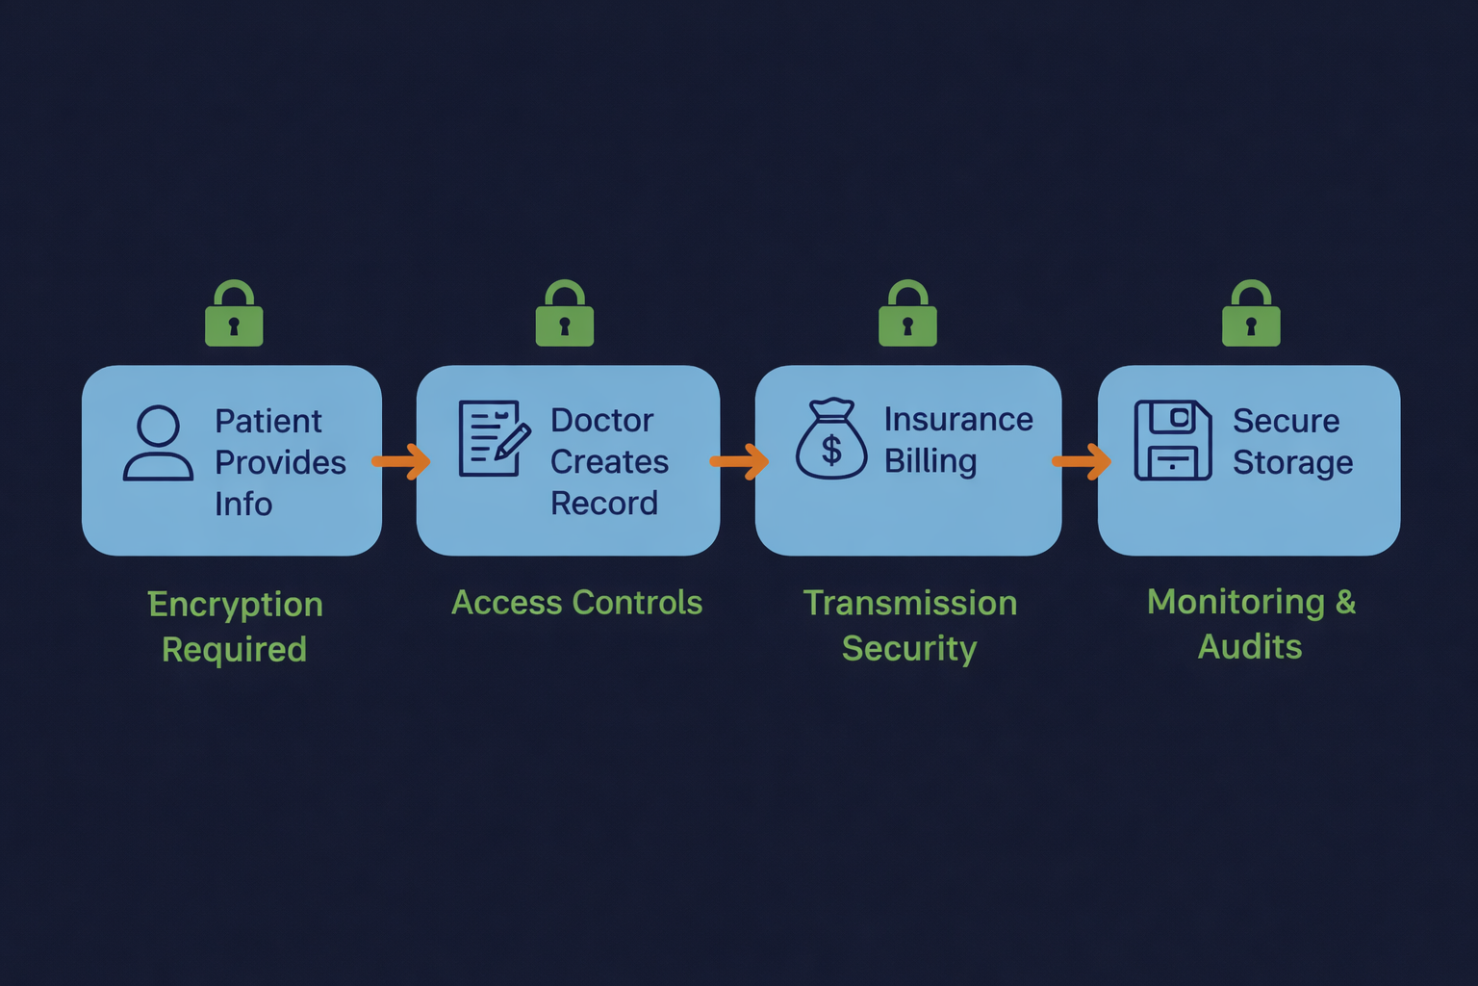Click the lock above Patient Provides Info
pyautogui.click(x=234, y=315)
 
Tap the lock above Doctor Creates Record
pyautogui.click(x=565, y=315)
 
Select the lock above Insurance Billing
pyautogui.click(x=907, y=315)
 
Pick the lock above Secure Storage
pyautogui.click(x=1251, y=315)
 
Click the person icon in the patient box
pyautogui.click(x=159, y=443)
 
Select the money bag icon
pyautogui.click(x=831, y=440)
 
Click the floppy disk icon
pyautogui.click(x=1173, y=440)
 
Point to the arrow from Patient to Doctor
pyautogui.click(x=401, y=461)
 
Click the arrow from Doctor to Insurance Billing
pyautogui.click(x=740, y=461)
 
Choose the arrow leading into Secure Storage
pyautogui.click(x=1083, y=461)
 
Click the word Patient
pyautogui.click(x=268, y=422)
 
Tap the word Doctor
pyautogui.click(x=601, y=421)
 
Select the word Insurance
pyautogui.click(x=958, y=420)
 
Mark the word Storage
pyautogui.click(x=1292, y=463)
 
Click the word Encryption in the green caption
pyautogui.click(x=236, y=605)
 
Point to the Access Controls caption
pyautogui.click(x=577, y=603)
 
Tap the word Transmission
pyautogui.click(x=910, y=603)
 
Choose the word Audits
pyautogui.click(x=1250, y=647)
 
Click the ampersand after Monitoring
pyautogui.click(x=1345, y=602)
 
